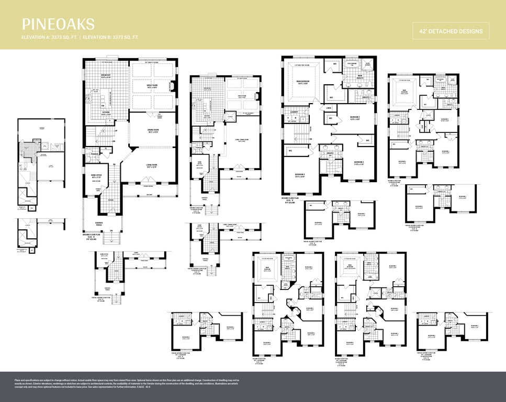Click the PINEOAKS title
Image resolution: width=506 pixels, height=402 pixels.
point(58,24)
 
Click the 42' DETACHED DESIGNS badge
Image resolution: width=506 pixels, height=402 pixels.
point(451,31)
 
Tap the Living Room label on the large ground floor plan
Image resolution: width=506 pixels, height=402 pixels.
point(152,167)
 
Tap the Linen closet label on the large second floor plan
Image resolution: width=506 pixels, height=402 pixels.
point(328,108)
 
